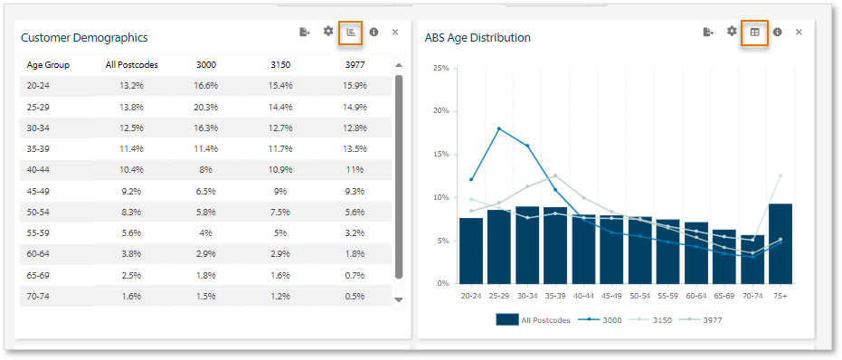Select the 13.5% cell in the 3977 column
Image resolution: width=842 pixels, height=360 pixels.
coord(355,148)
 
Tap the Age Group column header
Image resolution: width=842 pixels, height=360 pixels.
coord(48,65)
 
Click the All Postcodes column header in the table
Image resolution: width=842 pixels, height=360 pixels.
coord(131,65)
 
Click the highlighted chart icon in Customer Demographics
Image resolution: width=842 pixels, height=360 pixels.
coord(351,33)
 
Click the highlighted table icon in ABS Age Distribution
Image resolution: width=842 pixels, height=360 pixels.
coord(754,33)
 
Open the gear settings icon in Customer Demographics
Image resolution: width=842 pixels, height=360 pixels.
coord(328,32)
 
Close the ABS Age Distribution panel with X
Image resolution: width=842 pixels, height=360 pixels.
coord(799,33)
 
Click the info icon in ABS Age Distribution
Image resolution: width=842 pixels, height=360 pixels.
coord(777,33)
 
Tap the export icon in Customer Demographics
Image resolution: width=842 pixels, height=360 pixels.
coord(305,32)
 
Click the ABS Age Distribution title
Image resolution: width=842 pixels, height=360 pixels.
coord(478,38)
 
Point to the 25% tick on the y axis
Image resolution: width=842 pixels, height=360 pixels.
coord(440,68)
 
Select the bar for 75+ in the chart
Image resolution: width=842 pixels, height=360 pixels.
coord(780,243)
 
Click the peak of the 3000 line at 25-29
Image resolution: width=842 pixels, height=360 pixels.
coord(499,128)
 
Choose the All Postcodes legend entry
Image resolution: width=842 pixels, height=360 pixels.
coord(534,319)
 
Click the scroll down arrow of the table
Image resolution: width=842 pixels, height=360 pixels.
coord(399,299)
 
